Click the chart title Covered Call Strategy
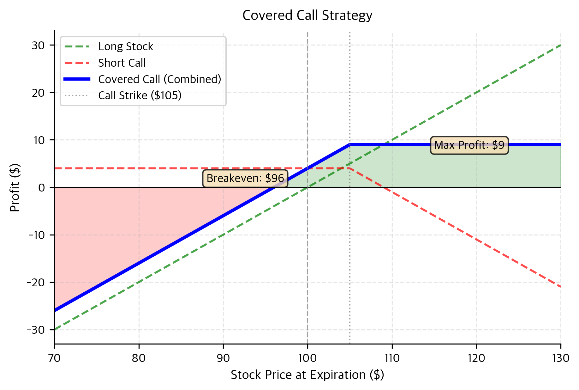pyautogui.click(x=307, y=15)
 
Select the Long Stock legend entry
pyautogui.click(x=125, y=46)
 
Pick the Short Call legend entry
pyautogui.click(x=122, y=63)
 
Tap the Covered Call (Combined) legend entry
pyautogui.click(x=159, y=79)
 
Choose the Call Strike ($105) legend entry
pyautogui.click(x=140, y=95)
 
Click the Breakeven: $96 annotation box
pyautogui.click(x=245, y=179)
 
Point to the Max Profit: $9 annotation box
pyautogui.click(x=469, y=145)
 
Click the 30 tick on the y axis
pyautogui.click(x=38, y=46)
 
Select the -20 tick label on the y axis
pyautogui.click(x=36, y=283)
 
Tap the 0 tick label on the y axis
pyautogui.click(x=42, y=188)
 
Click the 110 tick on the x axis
pyautogui.click(x=392, y=358)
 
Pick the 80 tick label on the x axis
pyautogui.click(x=139, y=358)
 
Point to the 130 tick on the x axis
pyautogui.click(x=560, y=358)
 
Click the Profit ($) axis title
pyautogui.click(x=15, y=187)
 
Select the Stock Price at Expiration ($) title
pyautogui.click(x=307, y=375)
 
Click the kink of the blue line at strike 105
pyautogui.click(x=350, y=145)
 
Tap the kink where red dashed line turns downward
pyautogui.click(x=350, y=168)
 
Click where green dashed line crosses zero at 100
pyautogui.click(x=307, y=187)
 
